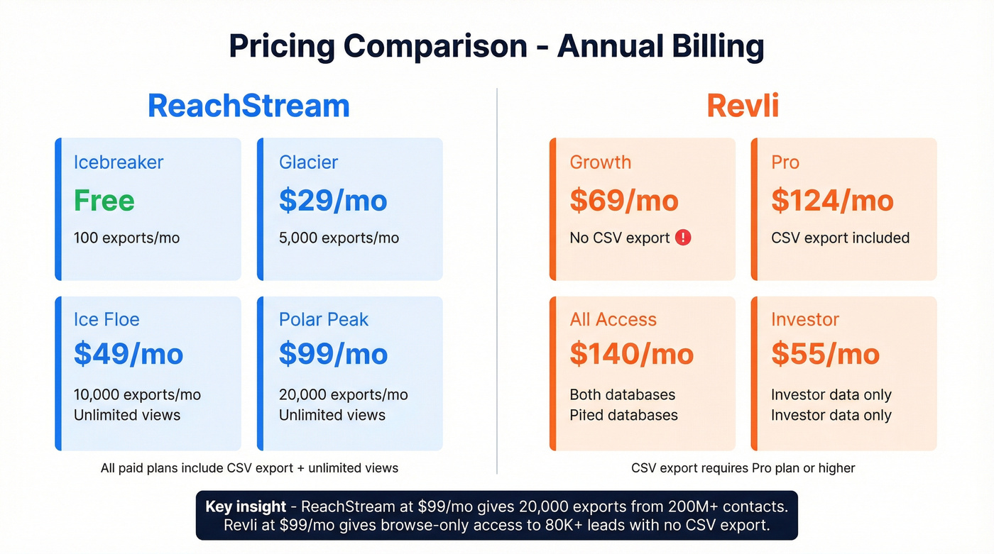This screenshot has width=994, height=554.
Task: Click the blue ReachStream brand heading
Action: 248,106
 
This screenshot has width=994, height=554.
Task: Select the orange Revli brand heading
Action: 743,106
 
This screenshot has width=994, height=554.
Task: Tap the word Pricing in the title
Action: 281,46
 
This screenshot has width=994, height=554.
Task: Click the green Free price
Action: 104,201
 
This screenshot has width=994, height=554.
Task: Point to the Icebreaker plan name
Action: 119,162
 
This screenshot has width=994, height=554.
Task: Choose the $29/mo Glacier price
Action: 333,201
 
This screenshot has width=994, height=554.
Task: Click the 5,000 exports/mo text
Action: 339,238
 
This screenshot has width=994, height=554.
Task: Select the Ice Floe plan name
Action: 106,320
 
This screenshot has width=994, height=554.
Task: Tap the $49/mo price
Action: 129,354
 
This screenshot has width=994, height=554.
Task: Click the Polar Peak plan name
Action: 324,320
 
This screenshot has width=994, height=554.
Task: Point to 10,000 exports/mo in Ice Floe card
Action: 137,395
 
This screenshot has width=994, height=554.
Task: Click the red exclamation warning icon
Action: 683,238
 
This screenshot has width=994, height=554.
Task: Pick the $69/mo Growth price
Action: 624,201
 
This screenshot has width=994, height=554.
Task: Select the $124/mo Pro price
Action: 832,201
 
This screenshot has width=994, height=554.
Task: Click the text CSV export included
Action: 840,238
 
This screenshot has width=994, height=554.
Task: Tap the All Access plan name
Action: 613,320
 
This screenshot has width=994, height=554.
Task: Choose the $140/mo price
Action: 631,354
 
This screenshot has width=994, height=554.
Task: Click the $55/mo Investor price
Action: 825,354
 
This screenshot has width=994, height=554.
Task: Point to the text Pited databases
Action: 623,416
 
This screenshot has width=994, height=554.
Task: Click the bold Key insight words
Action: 246,506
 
